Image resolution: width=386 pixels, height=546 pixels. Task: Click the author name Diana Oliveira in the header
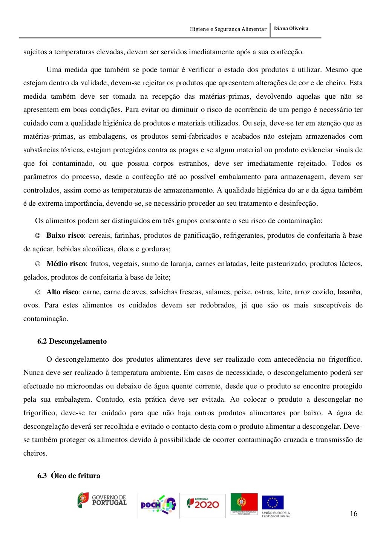pos(291,29)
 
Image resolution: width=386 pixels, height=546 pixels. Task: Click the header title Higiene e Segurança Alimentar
pos(228,29)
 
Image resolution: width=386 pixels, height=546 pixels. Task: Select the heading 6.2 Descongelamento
pos(72,341)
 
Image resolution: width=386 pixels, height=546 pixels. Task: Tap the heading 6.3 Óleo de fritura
pos(69,476)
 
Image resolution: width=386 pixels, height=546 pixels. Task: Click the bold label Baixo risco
pos(65,236)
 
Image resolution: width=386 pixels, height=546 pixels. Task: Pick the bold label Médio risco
pos(66,264)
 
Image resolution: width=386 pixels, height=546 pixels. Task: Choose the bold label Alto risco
pos(62,292)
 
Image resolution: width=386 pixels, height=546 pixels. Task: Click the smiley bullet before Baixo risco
pos(38,236)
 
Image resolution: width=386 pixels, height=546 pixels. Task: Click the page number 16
pos(354,514)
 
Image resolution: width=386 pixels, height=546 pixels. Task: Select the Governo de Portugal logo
pos(102,500)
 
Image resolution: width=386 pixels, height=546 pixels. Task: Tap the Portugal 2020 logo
pos(203,503)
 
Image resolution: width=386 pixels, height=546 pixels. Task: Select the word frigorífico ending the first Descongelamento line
pos(345,359)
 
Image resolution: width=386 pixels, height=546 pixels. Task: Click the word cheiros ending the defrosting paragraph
pos(35,453)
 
